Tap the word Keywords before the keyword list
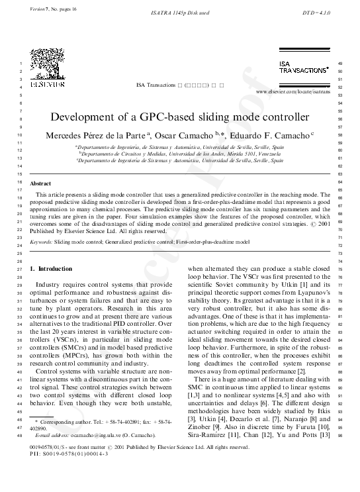41,243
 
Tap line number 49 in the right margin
339,63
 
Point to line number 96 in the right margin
339,436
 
